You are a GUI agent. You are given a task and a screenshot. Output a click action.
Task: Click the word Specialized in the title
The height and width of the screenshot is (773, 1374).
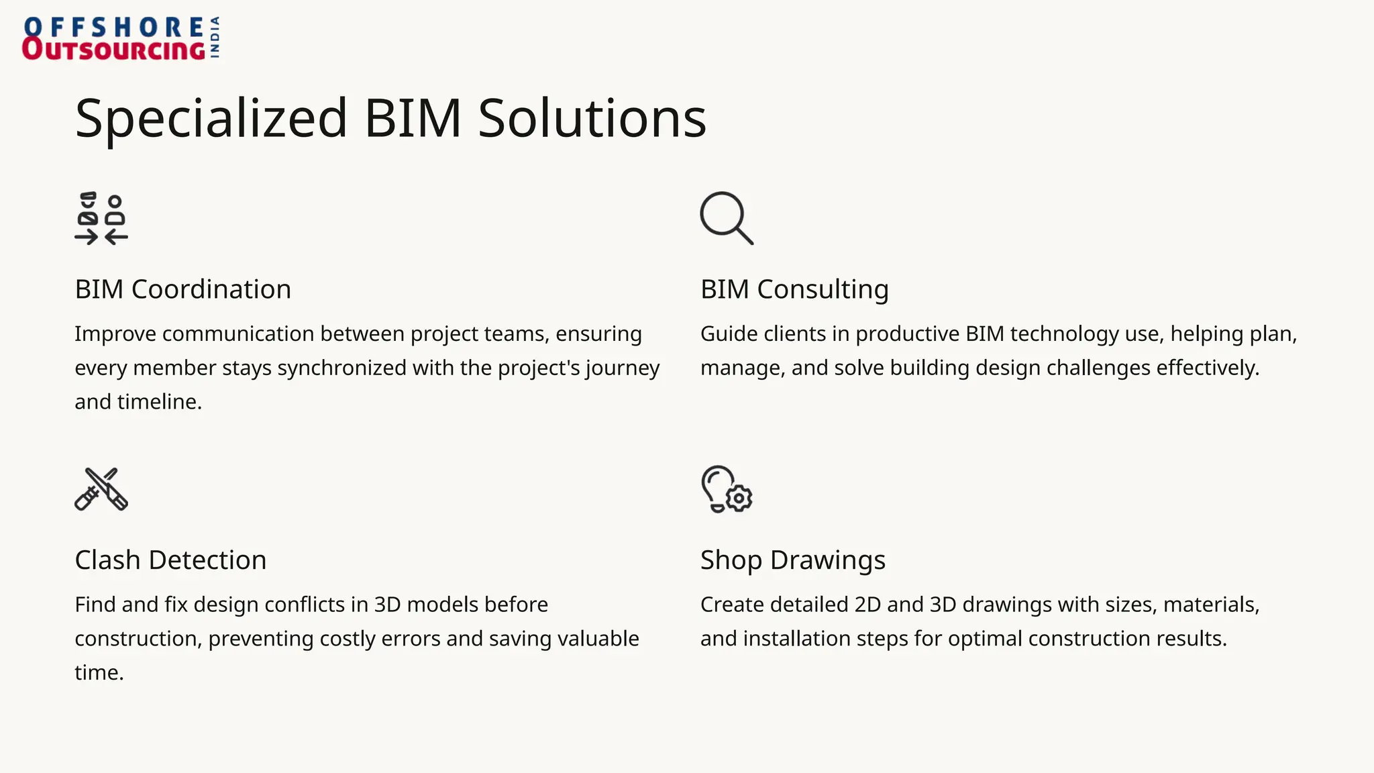(211, 119)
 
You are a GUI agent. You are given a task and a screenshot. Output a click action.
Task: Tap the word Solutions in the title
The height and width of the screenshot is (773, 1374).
(592, 119)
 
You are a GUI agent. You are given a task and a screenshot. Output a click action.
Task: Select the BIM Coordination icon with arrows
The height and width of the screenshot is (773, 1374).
(101, 219)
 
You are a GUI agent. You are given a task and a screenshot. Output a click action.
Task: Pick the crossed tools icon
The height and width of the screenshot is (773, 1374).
(101, 489)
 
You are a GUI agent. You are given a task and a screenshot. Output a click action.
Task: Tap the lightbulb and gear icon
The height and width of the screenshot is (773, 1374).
(727, 489)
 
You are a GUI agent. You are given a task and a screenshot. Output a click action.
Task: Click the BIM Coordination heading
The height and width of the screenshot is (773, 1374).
(182, 289)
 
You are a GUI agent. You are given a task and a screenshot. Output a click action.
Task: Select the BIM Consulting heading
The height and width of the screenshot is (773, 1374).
(794, 289)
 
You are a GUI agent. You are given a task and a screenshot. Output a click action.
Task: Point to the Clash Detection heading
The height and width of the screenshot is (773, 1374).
(170, 560)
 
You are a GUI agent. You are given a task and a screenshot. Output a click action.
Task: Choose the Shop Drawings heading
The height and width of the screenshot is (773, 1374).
(792, 560)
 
